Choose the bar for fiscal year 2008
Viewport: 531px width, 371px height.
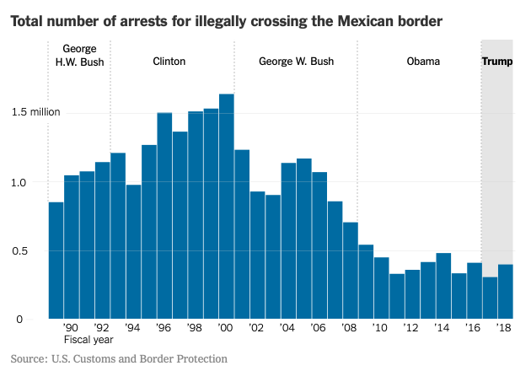350,271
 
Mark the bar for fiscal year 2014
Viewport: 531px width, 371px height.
443,286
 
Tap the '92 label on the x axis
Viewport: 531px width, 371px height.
102,327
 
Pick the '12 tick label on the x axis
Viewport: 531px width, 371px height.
411,327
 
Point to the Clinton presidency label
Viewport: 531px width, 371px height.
169,62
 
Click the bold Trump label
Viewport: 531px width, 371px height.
496,62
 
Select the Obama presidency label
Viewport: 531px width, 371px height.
423,62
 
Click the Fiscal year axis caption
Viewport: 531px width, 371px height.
88,341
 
